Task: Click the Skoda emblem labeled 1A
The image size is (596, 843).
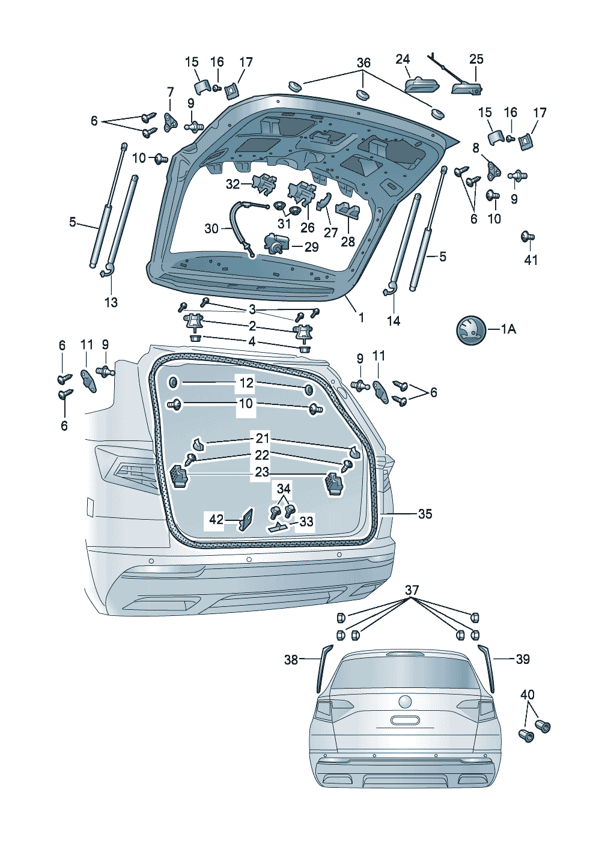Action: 470,329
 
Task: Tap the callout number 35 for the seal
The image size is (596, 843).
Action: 425,514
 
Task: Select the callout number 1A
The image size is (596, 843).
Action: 508,329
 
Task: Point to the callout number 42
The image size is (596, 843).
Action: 216,519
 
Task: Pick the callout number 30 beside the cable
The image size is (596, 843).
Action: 211,229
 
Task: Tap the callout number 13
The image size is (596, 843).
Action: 111,302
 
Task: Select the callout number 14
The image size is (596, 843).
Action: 394,321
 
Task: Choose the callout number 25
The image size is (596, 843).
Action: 476,59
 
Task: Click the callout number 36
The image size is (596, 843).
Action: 363,63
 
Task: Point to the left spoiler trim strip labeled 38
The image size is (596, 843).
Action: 325,667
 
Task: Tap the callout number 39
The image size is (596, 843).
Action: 523,660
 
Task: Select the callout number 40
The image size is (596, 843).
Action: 527,695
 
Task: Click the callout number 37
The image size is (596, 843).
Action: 412,591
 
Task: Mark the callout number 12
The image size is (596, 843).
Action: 246,383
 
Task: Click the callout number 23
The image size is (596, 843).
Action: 262,472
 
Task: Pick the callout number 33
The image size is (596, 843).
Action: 306,522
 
